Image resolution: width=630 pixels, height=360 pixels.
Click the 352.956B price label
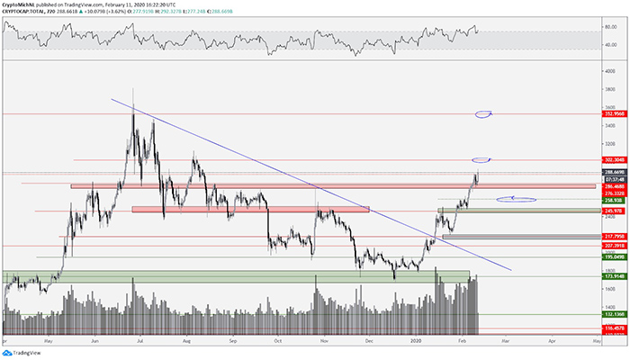(616, 114)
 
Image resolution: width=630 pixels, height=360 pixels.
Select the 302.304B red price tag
(616, 160)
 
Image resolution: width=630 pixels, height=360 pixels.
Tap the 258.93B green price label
(616, 199)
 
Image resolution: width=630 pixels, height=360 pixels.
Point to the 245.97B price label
(616, 211)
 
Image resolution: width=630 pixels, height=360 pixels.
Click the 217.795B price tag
(616, 237)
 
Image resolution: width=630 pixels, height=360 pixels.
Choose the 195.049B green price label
(616, 256)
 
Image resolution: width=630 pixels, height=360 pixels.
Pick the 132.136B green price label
(616, 315)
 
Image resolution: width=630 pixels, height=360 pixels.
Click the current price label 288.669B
(616, 171)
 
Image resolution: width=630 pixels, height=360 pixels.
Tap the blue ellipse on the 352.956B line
(483, 114)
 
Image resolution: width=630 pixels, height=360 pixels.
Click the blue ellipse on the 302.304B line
(481, 160)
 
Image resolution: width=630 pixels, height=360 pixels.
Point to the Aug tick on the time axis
(186, 341)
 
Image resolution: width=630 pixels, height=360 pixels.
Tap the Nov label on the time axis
(325, 341)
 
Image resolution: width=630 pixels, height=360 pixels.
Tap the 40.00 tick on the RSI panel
(611, 45)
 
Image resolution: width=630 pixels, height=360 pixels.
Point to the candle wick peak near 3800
(133, 89)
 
